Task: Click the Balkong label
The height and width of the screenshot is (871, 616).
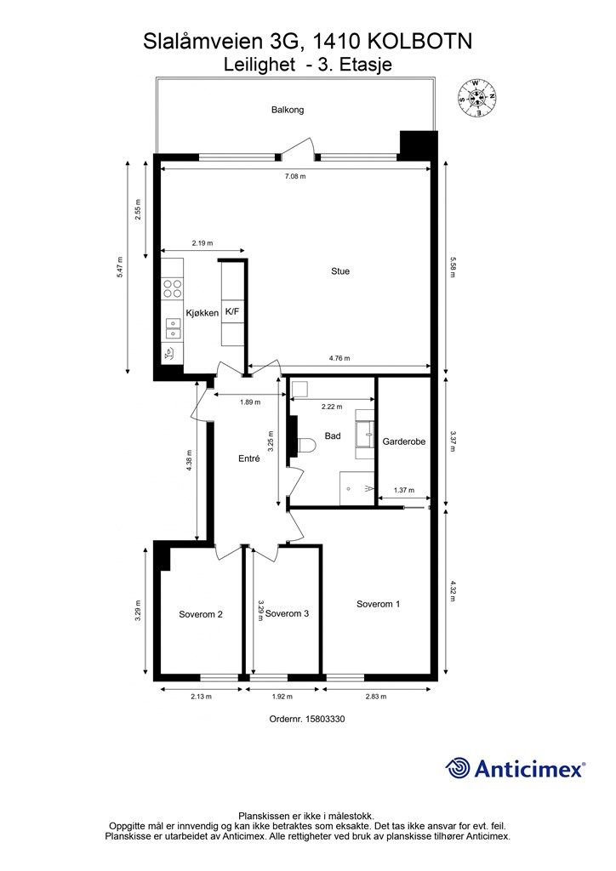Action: point(288,110)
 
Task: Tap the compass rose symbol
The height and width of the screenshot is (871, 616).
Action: point(476,98)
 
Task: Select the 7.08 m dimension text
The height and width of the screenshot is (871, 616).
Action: point(295,176)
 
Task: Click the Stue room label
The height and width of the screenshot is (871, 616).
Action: point(340,271)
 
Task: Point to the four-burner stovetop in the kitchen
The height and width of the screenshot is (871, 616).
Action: point(172,288)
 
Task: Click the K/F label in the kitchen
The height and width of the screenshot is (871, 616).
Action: point(232,311)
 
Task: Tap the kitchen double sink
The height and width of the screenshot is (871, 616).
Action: point(174,329)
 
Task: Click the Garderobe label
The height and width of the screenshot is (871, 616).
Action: point(404,441)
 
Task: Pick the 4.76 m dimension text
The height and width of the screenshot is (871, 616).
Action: point(339,358)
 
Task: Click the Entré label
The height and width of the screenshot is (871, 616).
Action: point(248,458)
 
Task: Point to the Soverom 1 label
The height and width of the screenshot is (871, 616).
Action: point(379,604)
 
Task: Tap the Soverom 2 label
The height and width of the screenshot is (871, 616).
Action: point(201,614)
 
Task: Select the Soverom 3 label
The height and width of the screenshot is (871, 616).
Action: point(288,613)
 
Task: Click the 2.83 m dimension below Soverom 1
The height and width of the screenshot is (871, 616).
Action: point(376,696)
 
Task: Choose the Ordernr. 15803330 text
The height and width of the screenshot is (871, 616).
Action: point(307,718)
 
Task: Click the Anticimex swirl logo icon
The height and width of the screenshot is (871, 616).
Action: point(458,768)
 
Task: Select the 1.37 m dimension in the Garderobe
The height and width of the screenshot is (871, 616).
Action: point(404,490)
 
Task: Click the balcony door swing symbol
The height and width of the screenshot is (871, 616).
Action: point(298,149)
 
